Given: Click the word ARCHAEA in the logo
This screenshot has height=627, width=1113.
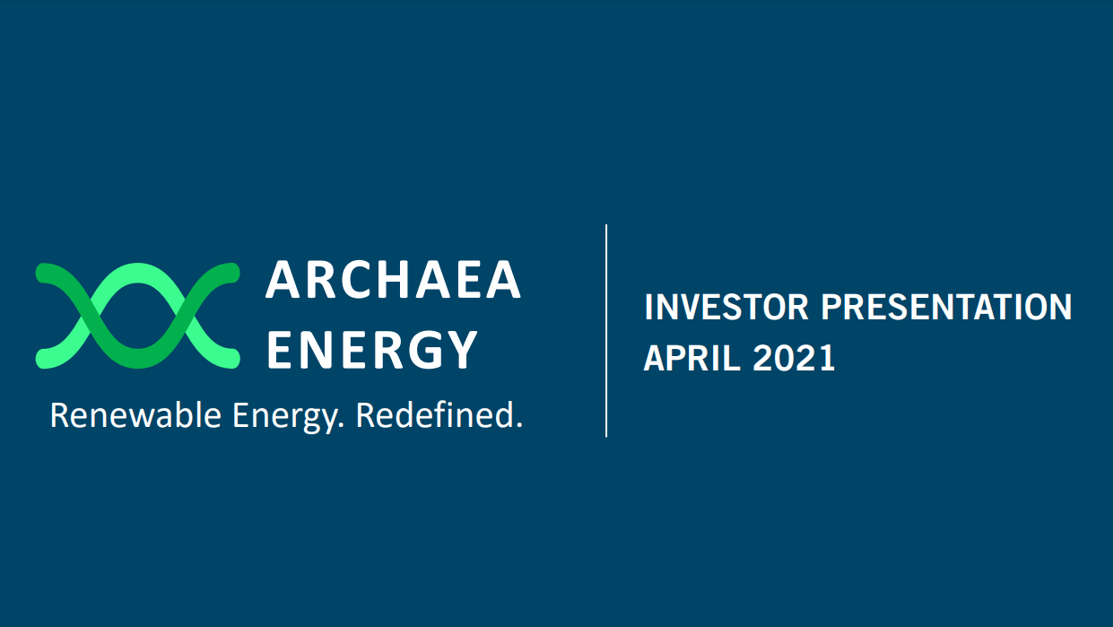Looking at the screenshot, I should (393, 281).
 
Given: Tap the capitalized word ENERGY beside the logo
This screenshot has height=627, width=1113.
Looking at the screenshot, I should (372, 350).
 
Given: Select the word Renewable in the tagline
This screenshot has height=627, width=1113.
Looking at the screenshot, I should (135, 415).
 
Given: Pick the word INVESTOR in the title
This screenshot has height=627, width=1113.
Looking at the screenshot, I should (726, 308).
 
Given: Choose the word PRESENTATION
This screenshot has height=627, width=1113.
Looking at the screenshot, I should (947, 308).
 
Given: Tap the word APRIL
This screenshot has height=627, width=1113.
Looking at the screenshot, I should (692, 359).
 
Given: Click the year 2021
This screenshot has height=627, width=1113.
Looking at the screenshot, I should (794, 359).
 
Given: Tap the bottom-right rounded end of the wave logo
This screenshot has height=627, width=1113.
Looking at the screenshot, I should (230, 359).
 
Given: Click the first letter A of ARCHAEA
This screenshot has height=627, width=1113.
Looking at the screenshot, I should (283, 281).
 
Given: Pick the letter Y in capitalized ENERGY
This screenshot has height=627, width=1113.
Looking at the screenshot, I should (461, 350).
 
